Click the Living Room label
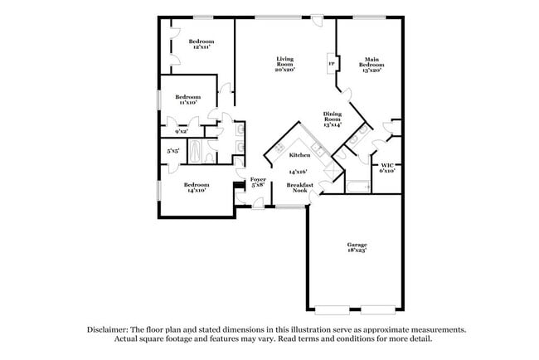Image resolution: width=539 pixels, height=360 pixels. pos(284,60)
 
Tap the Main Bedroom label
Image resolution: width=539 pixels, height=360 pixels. pos(372,60)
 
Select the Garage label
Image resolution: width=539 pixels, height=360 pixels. pos(357,245)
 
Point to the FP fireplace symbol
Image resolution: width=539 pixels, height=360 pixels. pos(331,64)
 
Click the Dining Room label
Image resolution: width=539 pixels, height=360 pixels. pos(333,116)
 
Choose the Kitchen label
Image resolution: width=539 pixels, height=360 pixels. pos(299,155)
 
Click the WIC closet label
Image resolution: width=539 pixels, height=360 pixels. pos(386,166)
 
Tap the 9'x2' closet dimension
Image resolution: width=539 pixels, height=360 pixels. pos(182,131)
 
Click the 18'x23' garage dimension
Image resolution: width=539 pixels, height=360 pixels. pos(357,251)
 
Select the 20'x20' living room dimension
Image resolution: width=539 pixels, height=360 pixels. pos(284,70)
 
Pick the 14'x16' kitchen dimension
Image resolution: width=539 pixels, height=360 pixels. pos(298,171)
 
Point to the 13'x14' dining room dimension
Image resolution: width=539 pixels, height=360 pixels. pos(333,125)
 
